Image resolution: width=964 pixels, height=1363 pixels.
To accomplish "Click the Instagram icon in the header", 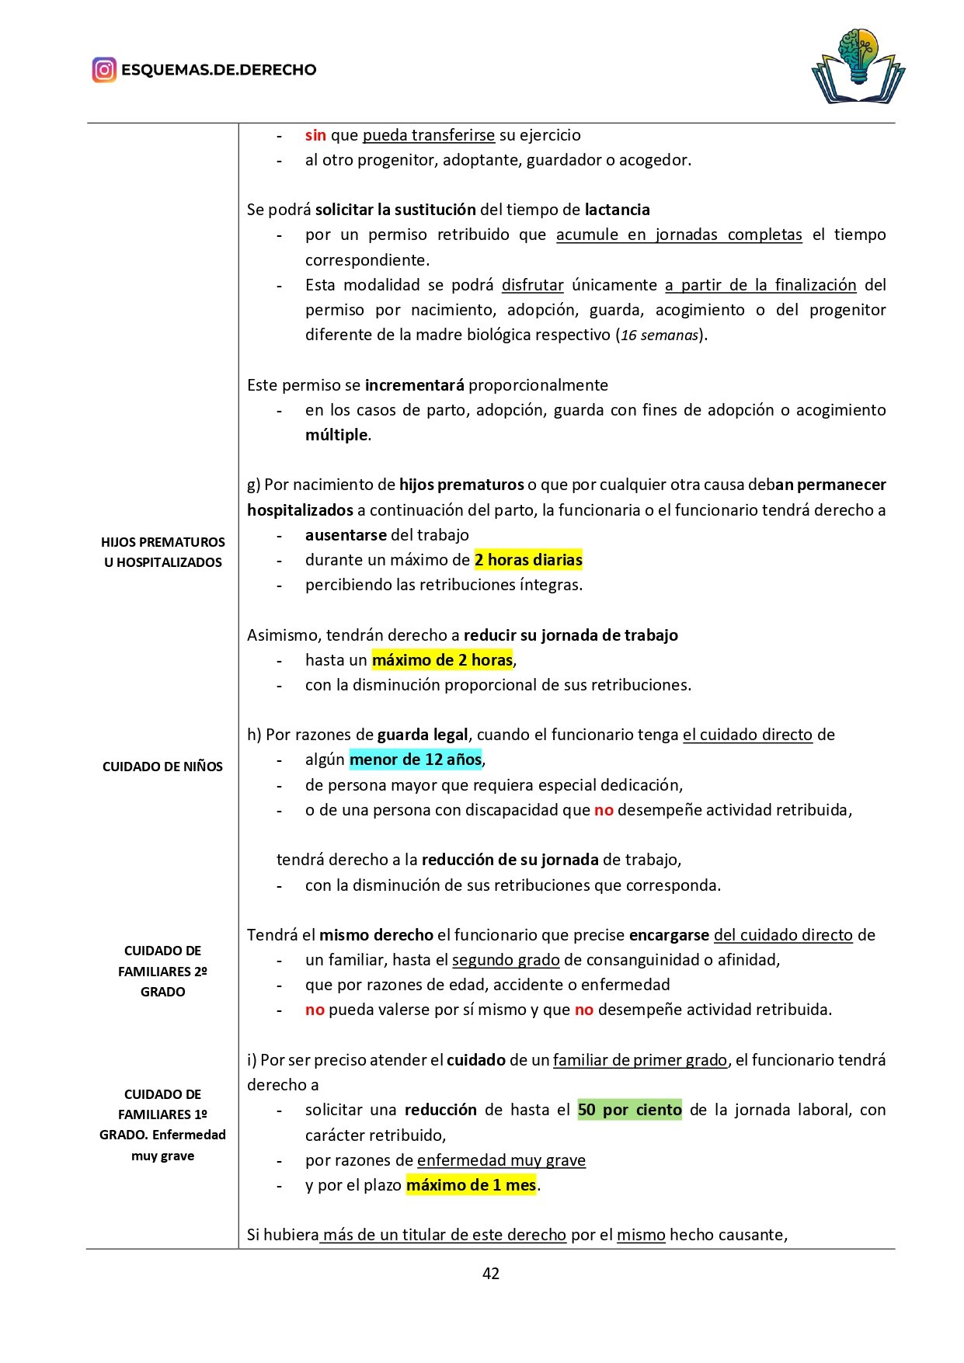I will tap(104, 70).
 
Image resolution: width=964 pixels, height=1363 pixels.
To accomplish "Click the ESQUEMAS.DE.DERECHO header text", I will tap(219, 70).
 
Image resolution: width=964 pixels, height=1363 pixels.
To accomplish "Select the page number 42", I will tap(491, 1273).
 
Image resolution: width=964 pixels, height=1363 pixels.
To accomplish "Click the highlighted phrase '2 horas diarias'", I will tap(528, 560).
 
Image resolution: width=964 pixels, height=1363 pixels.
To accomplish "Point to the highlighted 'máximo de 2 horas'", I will tap(442, 660).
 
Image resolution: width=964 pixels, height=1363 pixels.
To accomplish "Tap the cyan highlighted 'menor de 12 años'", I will tap(416, 760).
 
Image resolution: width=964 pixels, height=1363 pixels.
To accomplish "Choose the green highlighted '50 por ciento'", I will tap(629, 1110).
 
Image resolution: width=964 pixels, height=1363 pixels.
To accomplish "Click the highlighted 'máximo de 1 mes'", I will tap(471, 1185).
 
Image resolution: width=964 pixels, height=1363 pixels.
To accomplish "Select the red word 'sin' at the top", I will tap(315, 135).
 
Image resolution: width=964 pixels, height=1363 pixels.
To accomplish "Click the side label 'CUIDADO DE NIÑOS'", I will tap(162, 767).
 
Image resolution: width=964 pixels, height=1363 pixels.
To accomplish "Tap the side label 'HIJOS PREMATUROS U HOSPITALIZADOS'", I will tap(163, 552).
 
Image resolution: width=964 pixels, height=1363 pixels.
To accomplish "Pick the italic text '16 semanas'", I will tap(659, 336).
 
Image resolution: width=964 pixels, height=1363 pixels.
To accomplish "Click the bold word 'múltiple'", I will tap(336, 435).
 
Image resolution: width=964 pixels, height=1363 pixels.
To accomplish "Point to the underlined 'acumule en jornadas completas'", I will tap(679, 235).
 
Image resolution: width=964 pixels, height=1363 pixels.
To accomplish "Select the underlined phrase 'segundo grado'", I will tap(506, 960).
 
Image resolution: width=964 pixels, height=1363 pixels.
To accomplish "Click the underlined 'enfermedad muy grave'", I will tap(501, 1160).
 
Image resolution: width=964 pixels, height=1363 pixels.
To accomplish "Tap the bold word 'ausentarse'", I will tap(346, 535).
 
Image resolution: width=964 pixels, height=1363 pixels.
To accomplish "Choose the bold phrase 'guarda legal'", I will tap(423, 735).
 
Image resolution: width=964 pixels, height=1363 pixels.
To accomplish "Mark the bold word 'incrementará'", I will tap(415, 385).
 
